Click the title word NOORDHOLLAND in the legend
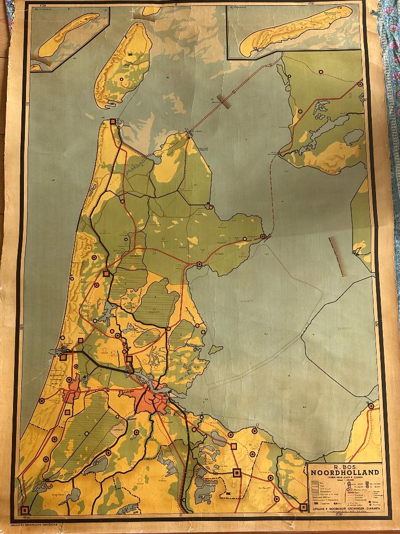(344, 473)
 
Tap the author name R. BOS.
(344, 467)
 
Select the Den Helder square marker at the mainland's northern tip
(113, 122)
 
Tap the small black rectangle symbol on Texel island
(130, 54)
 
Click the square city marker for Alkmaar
(106, 273)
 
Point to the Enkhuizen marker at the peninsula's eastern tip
(263, 236)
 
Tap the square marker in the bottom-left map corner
(24, 509)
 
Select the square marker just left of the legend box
(303, 506)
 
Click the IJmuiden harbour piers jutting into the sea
(58, 351)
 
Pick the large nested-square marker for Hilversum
(237, 472)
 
